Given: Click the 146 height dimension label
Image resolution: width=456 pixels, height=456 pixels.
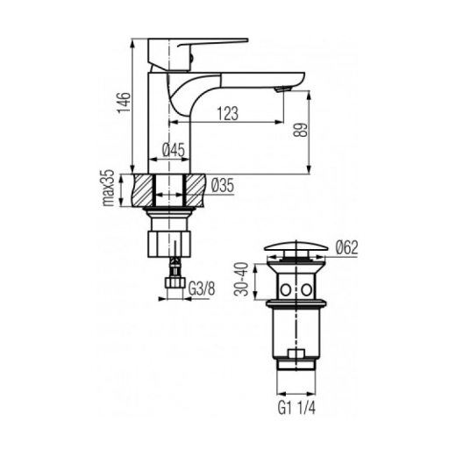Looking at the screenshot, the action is click(x=124, y=102).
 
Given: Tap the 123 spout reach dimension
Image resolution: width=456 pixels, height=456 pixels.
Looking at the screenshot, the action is click(x=228, y=113).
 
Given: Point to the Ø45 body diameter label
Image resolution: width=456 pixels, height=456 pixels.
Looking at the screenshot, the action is click(x=174, y=150).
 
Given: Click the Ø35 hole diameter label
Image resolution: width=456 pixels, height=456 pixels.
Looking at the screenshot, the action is click(x=222, y=185).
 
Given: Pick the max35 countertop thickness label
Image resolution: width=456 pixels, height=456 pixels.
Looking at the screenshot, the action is click(x=108, y=188).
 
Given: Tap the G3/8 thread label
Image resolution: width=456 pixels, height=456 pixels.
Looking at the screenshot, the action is click(x=202, y=289).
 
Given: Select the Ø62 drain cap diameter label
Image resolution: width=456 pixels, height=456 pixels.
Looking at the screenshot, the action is click(x=346, y=248).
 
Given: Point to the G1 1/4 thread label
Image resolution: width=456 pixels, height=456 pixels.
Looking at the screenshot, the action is click(x=296, y=408).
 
